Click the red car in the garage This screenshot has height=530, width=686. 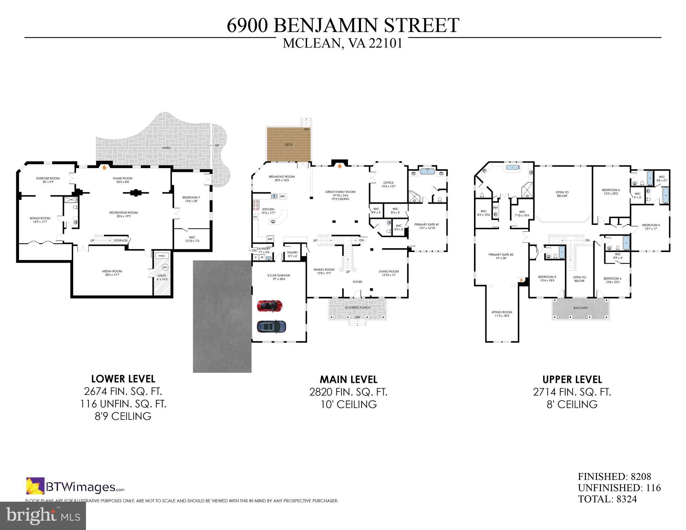(270, 306)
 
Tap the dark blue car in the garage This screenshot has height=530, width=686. (271, 326)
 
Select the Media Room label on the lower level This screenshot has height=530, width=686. (112, 273)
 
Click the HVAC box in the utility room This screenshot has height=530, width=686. (162, 256)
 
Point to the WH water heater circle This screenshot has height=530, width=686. (165, 267)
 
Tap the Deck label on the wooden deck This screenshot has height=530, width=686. (288, 144)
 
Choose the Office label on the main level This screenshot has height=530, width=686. (388, 184)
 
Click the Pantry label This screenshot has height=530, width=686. (292, 254)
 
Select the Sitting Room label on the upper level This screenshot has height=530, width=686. (502, 314)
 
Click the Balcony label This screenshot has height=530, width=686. (580, 308)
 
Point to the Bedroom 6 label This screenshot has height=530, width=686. (611, 192)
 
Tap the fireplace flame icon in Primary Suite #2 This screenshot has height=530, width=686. (521, 280)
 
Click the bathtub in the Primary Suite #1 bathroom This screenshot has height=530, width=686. (428, 171)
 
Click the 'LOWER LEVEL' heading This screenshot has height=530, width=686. (123, 379)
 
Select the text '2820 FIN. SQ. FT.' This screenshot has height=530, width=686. (348, 392)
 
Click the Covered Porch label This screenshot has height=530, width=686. (357, 308)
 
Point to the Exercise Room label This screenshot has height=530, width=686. (48, 180)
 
